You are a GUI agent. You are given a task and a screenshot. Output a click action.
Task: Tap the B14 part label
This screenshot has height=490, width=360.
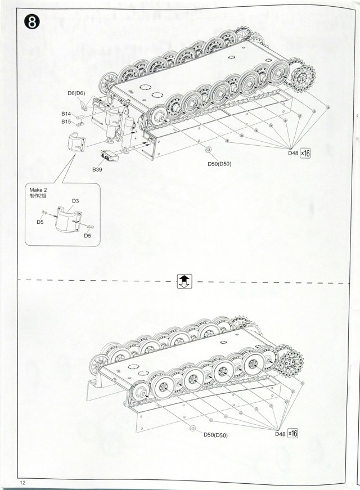[66, 114]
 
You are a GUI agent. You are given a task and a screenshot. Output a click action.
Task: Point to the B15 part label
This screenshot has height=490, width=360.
[66, 121]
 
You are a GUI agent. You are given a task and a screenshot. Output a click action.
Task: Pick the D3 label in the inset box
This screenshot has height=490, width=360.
[75, 201]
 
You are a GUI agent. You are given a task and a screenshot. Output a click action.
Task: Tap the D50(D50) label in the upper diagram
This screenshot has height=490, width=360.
[219, 164]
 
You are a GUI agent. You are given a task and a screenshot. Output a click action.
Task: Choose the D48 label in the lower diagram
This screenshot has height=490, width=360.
[280, 434]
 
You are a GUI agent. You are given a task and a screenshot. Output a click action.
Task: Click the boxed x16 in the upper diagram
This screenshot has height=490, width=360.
[305, 152]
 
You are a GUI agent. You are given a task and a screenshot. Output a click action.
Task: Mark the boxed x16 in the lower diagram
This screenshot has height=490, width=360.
[292, 433]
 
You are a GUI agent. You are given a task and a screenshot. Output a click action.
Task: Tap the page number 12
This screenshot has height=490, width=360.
[22, 483]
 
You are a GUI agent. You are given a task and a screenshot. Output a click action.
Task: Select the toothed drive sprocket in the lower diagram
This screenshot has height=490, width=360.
[290, 359]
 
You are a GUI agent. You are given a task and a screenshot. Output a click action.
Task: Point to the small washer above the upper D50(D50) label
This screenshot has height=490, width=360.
[208, 150]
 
